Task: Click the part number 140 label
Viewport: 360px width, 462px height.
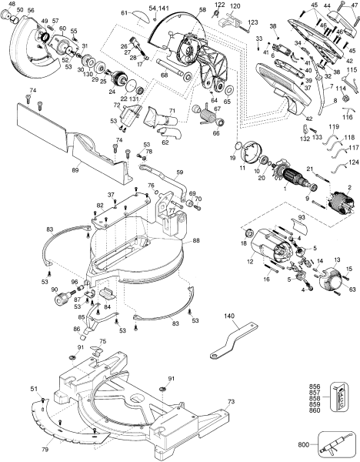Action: coord(229,316)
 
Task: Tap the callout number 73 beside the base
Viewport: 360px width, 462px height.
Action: coord(232,401)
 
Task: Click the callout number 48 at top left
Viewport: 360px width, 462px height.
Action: coord(10,4)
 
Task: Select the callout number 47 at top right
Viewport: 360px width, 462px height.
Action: coord(353,5)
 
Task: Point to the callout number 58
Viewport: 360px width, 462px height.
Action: coord(202,11)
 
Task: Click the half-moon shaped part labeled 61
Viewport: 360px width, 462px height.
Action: coord(139,15)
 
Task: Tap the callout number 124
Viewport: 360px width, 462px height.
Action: coord(352,162)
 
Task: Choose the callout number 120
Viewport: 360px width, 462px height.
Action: coord(235,5)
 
